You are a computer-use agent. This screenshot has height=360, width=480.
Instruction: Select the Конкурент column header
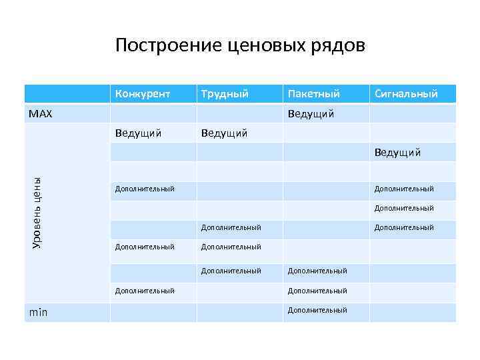(142, 94)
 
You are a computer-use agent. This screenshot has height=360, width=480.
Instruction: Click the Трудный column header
(225, 94)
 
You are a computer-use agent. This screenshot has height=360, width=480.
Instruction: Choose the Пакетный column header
(313, 94)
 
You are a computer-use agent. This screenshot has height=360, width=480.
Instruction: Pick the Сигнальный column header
(406, 94)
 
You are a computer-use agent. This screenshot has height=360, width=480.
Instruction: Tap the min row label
(38, 311)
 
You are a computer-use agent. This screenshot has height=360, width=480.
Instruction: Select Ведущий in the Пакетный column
(311, 114)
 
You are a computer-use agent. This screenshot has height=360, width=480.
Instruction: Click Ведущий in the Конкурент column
(138, 133)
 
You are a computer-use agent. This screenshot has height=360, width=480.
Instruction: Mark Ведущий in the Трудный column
(224, 133)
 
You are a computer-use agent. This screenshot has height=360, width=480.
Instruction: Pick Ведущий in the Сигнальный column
(397, 153)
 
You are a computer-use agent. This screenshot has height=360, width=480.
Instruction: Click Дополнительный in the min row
(317, 310)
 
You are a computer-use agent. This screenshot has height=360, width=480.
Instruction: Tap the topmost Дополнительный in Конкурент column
(145, 189)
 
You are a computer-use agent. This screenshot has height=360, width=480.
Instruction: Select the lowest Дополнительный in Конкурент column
(145, 291)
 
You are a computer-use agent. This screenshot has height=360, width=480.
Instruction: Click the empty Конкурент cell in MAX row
(153, 114)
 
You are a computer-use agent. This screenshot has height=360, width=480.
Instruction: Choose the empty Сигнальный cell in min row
(413, 311)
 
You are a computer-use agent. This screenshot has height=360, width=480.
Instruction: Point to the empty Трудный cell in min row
(239, 311)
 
